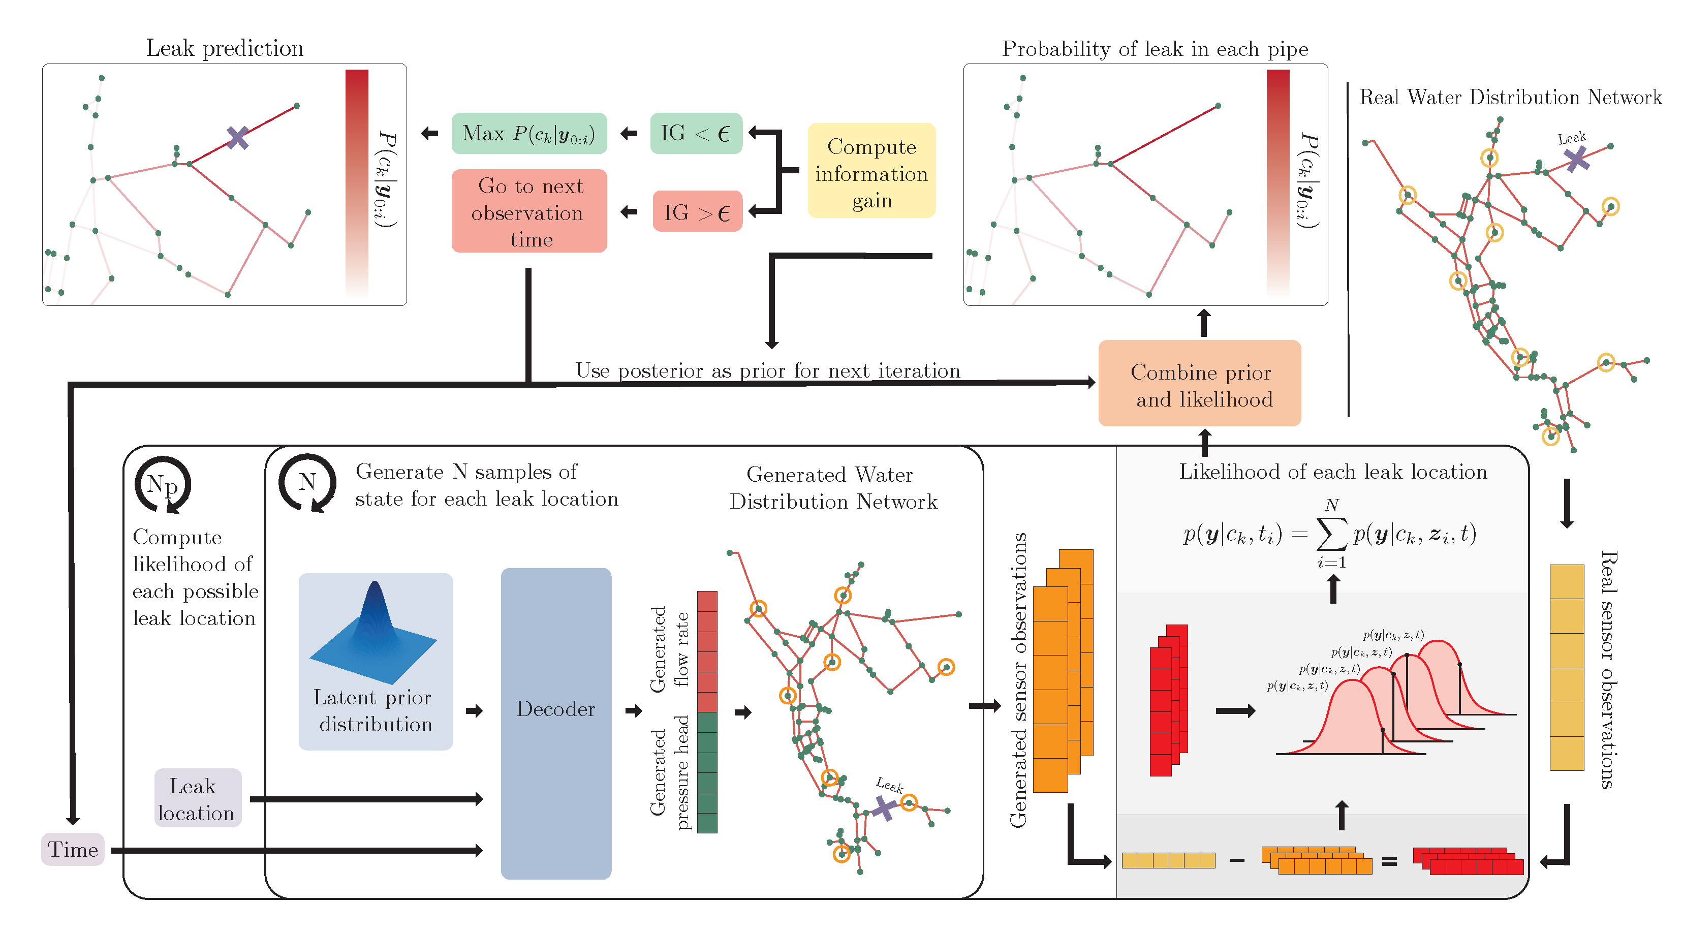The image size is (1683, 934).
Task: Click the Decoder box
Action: click(555, 723)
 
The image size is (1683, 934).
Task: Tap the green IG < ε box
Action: click(696, 134)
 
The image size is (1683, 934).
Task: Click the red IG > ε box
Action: click(697, 211)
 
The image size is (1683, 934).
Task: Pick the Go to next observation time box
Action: click(528, 211)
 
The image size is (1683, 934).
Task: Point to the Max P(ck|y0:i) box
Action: click(528, 134)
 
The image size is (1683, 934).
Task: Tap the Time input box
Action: click(73, 849)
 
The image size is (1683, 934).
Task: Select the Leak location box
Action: click(197, 798)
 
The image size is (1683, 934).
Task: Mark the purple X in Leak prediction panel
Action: click(238, 138)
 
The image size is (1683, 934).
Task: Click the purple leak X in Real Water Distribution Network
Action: click(1576, 158)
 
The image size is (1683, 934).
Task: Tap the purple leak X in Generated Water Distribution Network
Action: click(884, 807)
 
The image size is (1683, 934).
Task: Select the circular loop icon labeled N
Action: click(307, 483)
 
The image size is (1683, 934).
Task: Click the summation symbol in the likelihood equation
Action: click(1331, 534)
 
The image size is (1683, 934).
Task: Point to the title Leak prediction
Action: click(224, 48)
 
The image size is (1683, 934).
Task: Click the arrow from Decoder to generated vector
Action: click(633, 710)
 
